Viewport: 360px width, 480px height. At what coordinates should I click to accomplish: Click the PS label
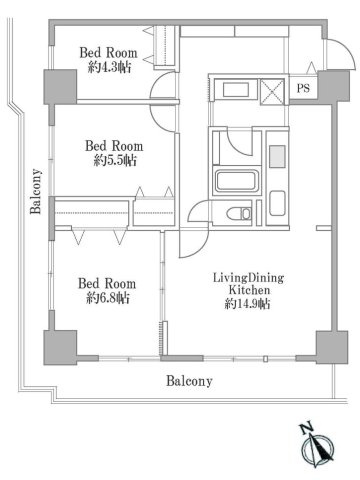pos(303,88)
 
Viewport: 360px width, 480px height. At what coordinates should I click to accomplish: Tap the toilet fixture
pos(239,214)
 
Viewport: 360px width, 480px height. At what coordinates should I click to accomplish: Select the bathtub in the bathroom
pos(237,182)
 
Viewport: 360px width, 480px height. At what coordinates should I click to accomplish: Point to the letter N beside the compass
pos(306,428)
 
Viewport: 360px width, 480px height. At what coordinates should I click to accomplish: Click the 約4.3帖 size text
pos(109,68)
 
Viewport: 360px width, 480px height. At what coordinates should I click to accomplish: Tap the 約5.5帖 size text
pos(115,161)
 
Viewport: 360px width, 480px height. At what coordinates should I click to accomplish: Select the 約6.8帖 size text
pos(108,298)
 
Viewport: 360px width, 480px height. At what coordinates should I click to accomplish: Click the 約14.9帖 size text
pos(247,304)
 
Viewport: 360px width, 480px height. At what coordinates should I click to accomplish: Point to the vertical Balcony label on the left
pos(36,191)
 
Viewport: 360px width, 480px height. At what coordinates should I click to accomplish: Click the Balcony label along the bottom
pos(189,381)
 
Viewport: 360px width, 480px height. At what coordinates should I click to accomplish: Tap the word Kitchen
pos(249,290)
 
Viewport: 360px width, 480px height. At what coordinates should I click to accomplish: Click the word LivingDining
pos(248,278)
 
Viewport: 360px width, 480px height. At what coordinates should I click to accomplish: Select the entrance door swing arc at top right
pos(344,49)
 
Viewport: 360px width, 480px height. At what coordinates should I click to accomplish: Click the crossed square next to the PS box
pos(272,91)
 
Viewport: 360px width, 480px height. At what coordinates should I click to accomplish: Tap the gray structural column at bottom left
pos(60,347)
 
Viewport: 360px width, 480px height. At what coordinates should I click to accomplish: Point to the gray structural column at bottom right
pos(332,347)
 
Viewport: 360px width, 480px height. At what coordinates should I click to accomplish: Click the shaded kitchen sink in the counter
pos(277,156)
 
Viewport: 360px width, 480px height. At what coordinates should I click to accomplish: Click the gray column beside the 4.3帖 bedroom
pos(60,87)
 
